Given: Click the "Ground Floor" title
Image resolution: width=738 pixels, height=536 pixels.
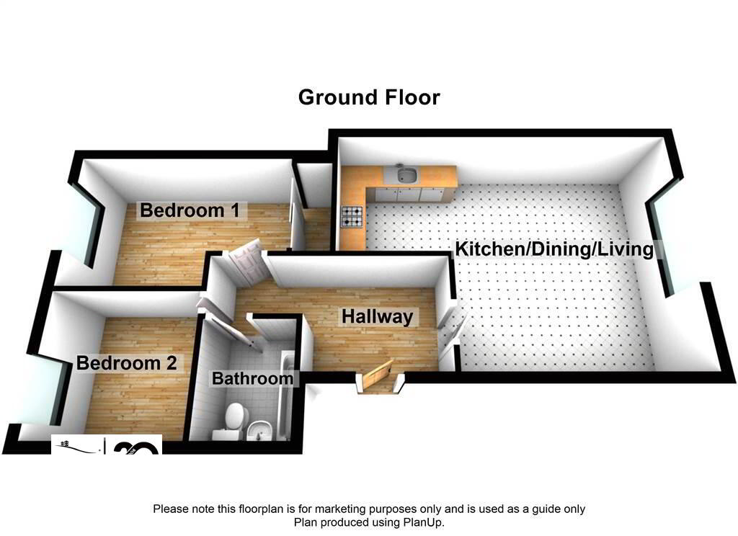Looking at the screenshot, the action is click(x=369, y=97).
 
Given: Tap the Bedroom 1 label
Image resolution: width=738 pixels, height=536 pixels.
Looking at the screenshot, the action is click(x=190, y=210).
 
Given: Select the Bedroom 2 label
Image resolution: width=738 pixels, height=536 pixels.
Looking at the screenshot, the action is click(x=127, y=363).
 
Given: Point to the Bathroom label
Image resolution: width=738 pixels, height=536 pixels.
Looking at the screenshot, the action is click(x=252, y=378).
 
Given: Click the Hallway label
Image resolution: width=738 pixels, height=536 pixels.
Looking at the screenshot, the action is click(x=378, y=316).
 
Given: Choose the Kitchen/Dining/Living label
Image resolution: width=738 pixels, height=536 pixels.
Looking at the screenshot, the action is click(x=554, y=249).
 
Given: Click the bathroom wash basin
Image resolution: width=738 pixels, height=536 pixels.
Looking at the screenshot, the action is click(x=258, y=429).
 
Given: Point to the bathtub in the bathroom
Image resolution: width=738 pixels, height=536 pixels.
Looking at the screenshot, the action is click(x=284, y=396).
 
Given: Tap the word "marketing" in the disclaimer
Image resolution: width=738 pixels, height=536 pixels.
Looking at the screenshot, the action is click(x=339, y=509).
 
